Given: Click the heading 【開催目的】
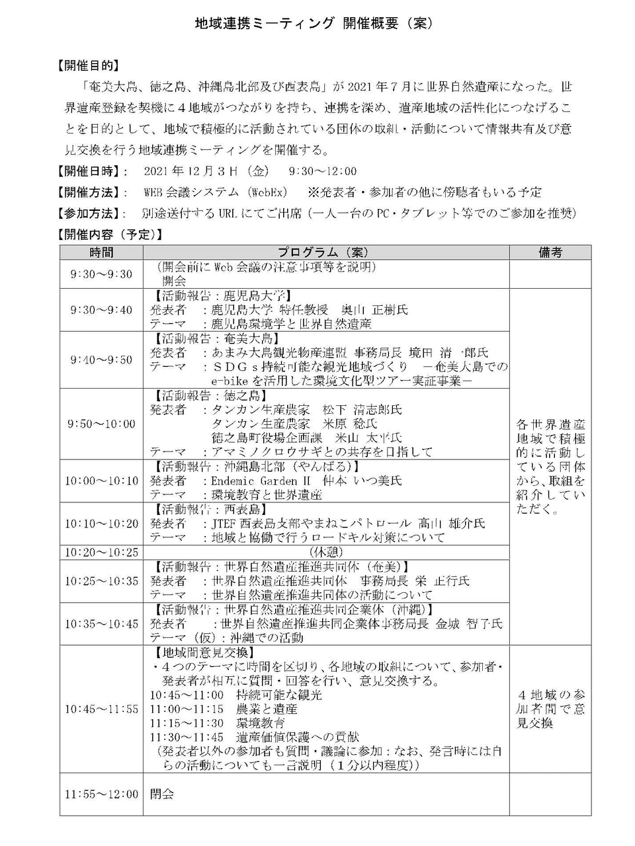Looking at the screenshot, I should [89, 65].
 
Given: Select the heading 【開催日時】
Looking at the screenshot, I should [93, 171].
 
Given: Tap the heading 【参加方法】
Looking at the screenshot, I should [93, 213].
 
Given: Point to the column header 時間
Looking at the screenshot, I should [101, 252].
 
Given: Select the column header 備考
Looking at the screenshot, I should [550, 252].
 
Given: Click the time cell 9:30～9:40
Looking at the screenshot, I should [101, 309].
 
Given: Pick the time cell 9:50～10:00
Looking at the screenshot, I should [101, 424].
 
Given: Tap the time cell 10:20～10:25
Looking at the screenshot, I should [101, 552].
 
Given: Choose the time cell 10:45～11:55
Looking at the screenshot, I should [101, 709].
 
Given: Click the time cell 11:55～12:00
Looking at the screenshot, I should [101, 794].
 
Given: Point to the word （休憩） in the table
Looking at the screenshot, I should [326, 552].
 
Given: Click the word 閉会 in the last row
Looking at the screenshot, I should [162, 794].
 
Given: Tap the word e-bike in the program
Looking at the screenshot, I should [230, 381].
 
